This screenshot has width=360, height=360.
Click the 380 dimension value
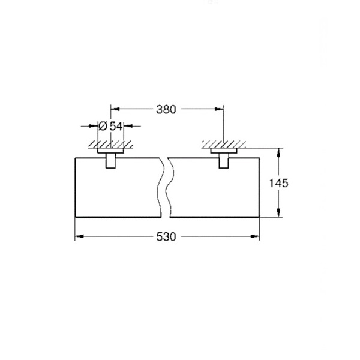pos(166,110)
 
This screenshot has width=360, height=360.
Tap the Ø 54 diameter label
pos(110,126)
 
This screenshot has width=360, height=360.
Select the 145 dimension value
pos(278,183)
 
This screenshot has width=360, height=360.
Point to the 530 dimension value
pos(166,237)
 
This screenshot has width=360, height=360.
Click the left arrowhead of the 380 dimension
pos(115,109)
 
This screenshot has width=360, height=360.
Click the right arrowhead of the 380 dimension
pos(219,109)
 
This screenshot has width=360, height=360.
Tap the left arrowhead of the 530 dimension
pos(79,236)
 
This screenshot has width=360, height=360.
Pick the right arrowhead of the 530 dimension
pos(255,236)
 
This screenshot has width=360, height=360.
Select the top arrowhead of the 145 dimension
pos(278,152)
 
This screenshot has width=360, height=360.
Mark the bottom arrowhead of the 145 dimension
pos(278,212)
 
